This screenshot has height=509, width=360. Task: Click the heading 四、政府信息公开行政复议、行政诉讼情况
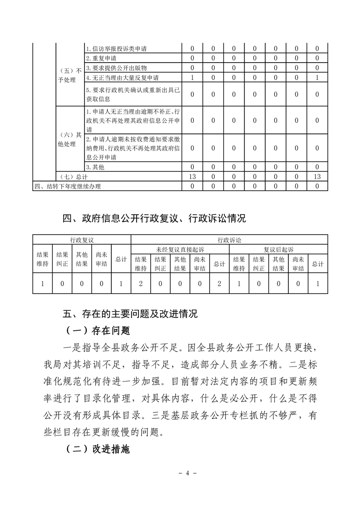pyautogui.click(x=154, y=219)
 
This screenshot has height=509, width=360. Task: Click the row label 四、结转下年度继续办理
pyautogui.click(x=68, y=186)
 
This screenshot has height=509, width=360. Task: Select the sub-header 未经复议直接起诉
pyautogui.click(x=180, y=249)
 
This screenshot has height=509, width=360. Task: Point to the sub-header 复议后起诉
pyautogui.click(x=279, y=249)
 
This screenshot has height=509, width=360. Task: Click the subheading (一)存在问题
pyautogui.click(x=99, y=330)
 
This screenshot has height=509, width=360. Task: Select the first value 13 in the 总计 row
pyautogui.click(x=192, y=176)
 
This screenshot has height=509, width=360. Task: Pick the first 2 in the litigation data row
pyautogui.click(x=140, y=284)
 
